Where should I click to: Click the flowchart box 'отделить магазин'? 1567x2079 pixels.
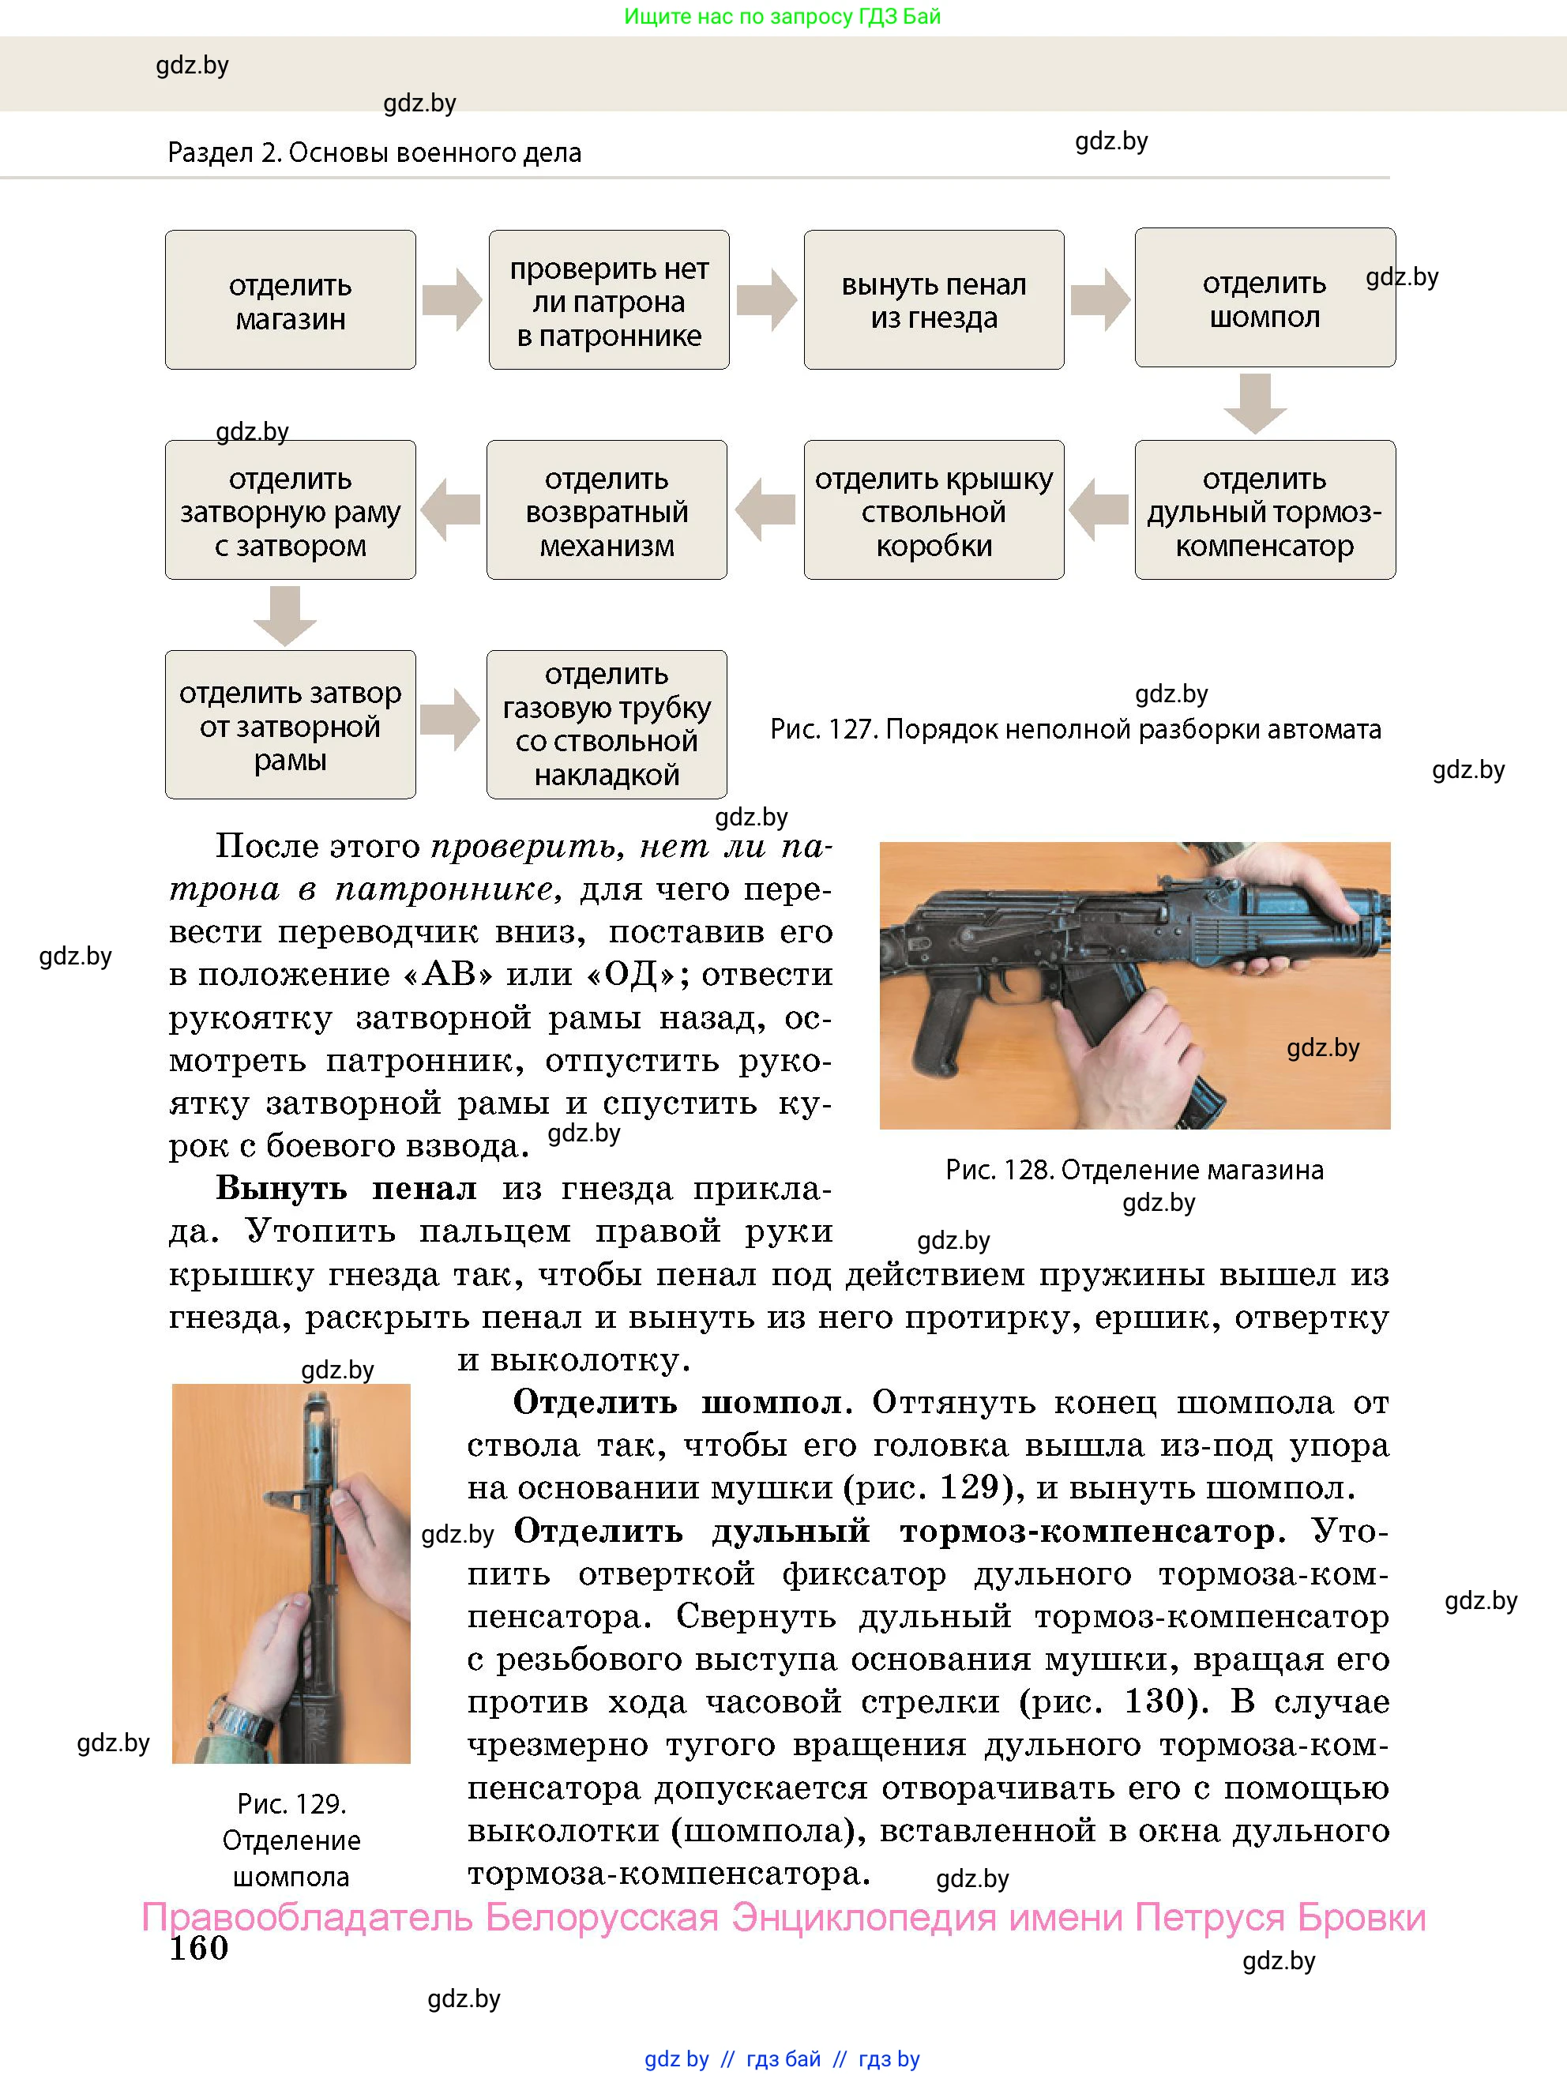[291, 300]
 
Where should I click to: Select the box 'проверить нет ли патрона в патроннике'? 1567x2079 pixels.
[608, 300]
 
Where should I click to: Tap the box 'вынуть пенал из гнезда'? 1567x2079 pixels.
[934, 300]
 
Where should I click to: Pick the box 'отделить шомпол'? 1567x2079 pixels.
[1264, 298]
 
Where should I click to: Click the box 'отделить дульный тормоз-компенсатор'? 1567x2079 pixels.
[1264, 510]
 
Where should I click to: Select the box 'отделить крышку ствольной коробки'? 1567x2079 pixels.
[934, 510]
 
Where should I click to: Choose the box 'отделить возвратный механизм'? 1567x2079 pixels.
[607, 510]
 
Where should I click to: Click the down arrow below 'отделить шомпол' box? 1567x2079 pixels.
[1255, 403]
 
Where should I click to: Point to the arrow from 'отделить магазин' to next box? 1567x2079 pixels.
[452, 300]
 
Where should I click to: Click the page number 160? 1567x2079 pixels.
[198, 1949]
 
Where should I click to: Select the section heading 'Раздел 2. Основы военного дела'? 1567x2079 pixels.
[374, 152]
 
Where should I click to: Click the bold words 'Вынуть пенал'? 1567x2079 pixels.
[346, 1188]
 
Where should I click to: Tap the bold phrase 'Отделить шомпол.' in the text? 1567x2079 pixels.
[682, 1402]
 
